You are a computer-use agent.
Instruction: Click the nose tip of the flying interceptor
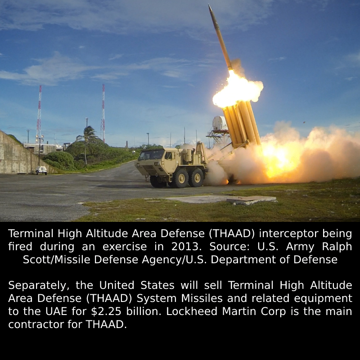[x=209, y=4]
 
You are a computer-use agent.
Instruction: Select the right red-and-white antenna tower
[x=103, y=113]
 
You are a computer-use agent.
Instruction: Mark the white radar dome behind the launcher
[x=219, y=123]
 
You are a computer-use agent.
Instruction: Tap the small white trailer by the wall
[x=41, y=170]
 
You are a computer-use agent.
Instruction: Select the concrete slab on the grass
[x=220, y=199]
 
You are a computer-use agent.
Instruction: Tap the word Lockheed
[x=192, y=311]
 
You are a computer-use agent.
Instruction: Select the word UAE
[x=56, y=311]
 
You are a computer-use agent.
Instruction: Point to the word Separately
[x=39, y=285]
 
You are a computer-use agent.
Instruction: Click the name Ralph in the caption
[x=337, y=247]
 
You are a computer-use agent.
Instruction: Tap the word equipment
[x=323, y=298]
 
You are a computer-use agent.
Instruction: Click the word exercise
[x=125, y=247]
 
